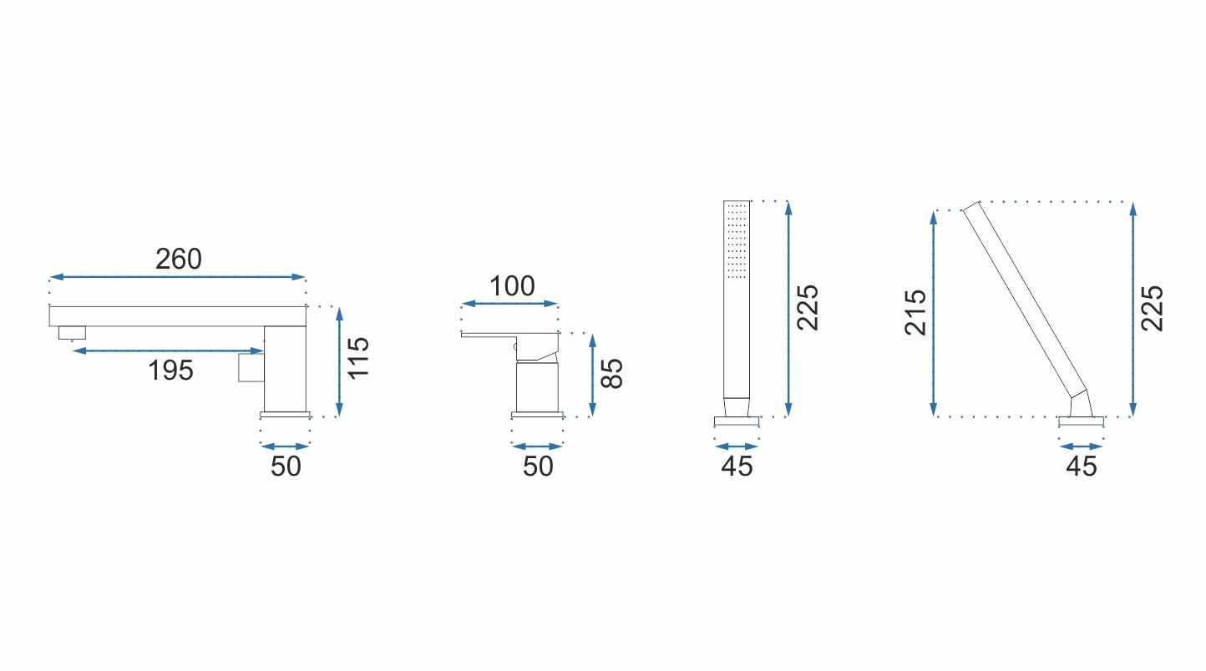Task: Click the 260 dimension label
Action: (179, 260)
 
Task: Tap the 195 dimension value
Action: (170, 371)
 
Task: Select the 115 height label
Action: (358, 358)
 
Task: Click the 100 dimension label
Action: (512, 286)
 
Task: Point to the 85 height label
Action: (611, 373)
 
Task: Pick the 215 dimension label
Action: (915, 313)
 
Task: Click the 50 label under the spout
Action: (286, 467)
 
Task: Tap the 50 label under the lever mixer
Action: (538, 467)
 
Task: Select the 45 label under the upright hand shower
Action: (737, 467)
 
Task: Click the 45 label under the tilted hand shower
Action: (1082, 467)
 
